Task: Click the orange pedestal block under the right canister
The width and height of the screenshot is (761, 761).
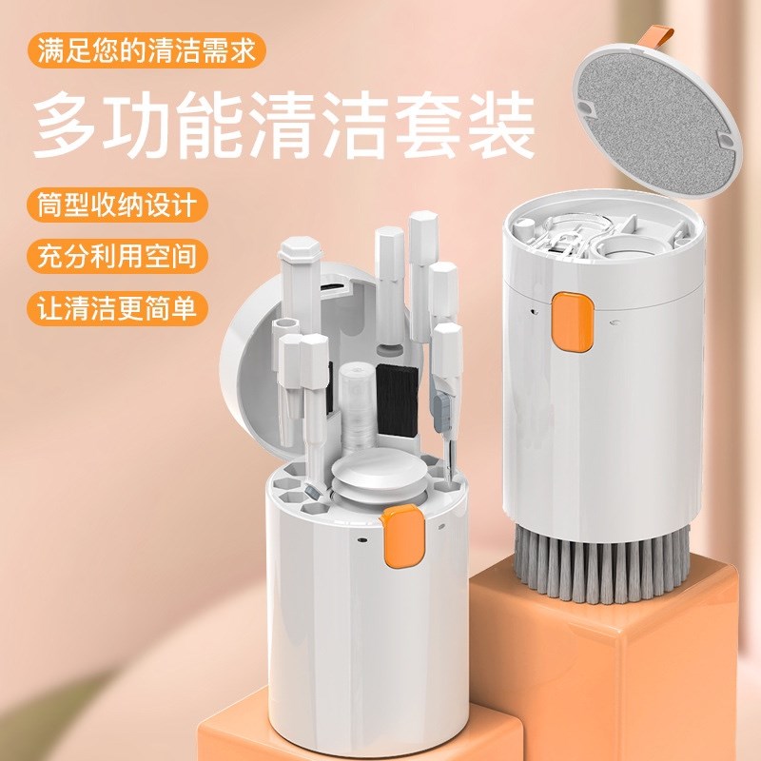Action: [618, 666]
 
